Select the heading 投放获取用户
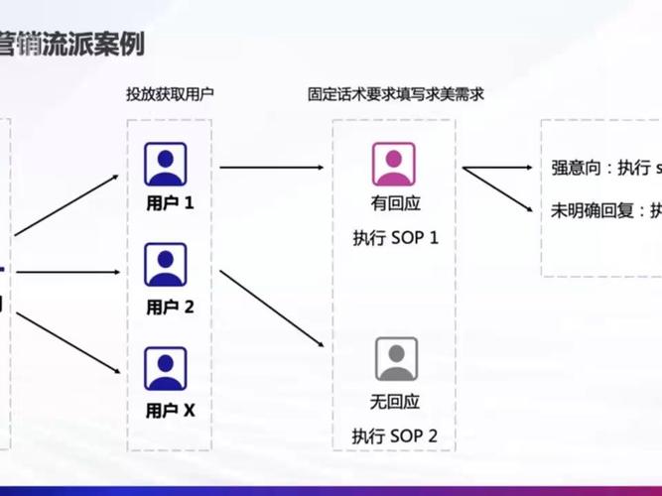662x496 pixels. click(x=169, y=94)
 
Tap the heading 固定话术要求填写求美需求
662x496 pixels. click(x=395, y=94)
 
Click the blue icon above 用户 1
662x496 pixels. click(x=166, y=164)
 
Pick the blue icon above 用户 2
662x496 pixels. click(x=166, y=265)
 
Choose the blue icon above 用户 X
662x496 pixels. click(x=166, y=367)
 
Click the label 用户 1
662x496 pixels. click(x=170, y=204)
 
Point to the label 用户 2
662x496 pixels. click(x=170, y=308)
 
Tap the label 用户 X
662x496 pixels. click(x=170, y=409)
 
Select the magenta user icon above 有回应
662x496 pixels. click(x=394, y=164)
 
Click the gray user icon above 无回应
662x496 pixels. click(x=395, y=359)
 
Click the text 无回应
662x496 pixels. click(x=395, y=402)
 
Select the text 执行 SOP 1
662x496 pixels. click(x=395, y=238)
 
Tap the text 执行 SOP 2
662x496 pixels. click(x=395, y=435)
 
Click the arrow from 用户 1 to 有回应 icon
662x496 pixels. click(x=271, y=167)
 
